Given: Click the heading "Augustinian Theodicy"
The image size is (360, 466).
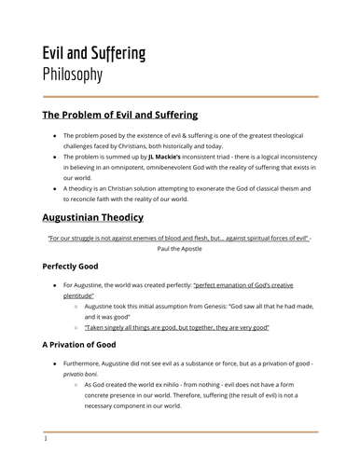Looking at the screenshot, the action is pos(92,217).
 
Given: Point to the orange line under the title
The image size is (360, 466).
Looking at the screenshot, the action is pos(179,96).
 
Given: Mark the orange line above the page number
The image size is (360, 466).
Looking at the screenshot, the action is pos(179,430).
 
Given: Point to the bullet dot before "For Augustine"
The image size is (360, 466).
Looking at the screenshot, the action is pos(56,283).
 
